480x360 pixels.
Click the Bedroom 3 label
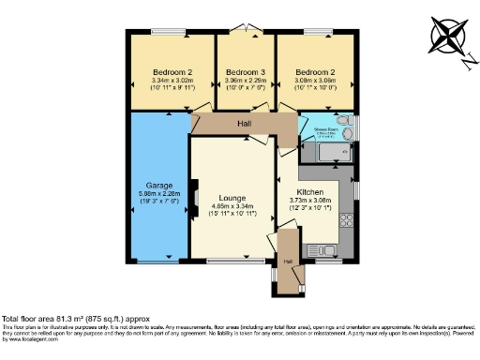(x=246, y=72)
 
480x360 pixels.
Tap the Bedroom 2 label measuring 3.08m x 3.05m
(x=315, y=72)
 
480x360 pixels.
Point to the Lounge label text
(x=232, y=198)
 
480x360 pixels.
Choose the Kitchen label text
(x=317, y=190)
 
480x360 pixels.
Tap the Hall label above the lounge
(x=243, y=124)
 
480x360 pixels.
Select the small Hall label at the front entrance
(x=288, y=261)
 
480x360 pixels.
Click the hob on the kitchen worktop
(x=347, y=221)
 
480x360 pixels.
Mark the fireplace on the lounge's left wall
(x=194, y=196)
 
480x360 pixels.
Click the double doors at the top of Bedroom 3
(x=246, y=34)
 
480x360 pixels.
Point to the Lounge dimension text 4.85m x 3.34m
(x=232, y=207)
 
